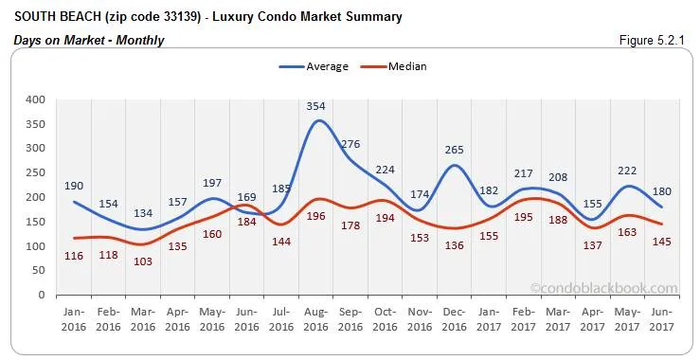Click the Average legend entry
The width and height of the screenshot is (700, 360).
coord(314,66)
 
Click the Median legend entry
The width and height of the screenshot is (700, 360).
coord(397,66)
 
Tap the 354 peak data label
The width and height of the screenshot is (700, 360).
coord(316,107)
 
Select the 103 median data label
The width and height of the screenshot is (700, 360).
coord(143,261)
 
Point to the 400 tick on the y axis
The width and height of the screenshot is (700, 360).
coord(35,99)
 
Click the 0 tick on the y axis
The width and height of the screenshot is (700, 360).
coord(41,295)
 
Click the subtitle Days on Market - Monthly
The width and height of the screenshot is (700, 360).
coord(89,40)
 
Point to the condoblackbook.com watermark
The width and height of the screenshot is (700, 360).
coord(604,289)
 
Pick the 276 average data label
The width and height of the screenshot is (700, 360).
coord(350,144)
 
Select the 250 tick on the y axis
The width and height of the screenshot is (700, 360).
coord(35,172)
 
